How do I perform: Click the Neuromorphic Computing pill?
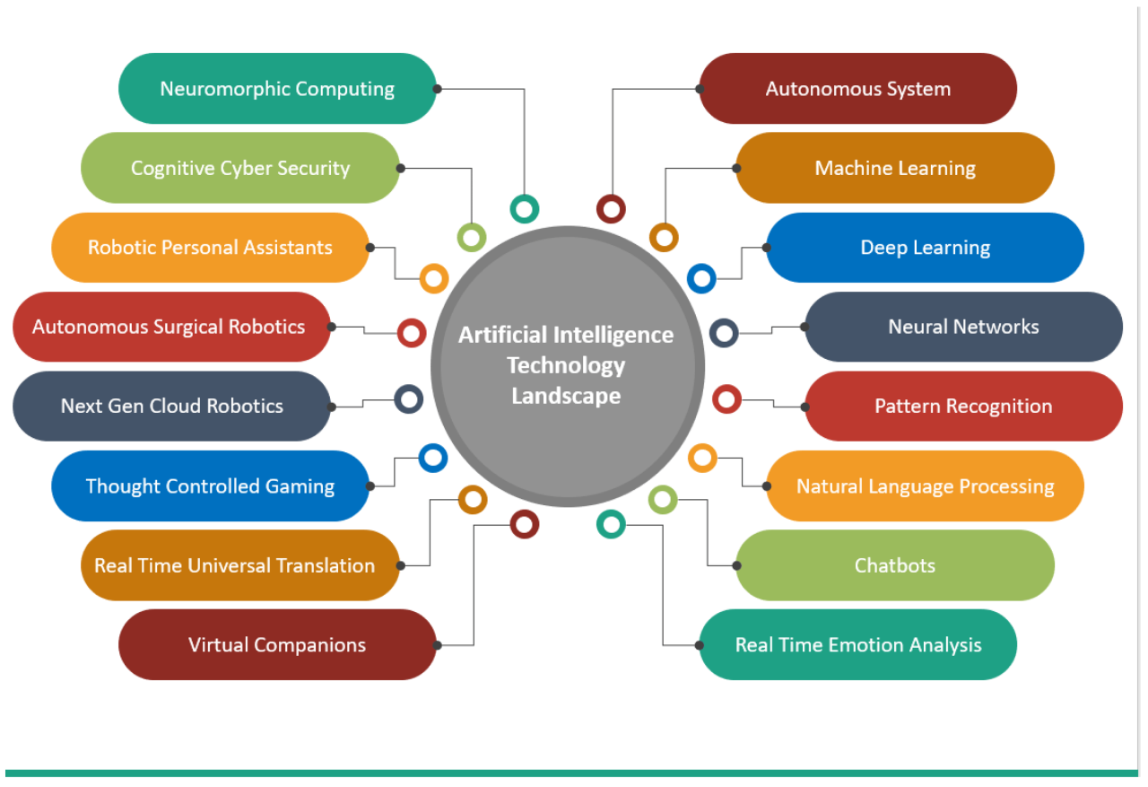coord(277,89)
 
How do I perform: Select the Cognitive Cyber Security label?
coord(240,168)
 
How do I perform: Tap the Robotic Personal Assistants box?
coord(210,248)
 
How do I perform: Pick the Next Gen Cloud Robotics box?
coord(171,407)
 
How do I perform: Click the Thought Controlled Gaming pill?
coord(210,486)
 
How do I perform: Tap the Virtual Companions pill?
coord(277,644)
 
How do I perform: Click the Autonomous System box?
coord(857,89)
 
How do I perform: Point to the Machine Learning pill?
coord(895,168)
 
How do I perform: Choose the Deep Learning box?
coord(925,248)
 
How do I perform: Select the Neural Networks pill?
coord(963,327)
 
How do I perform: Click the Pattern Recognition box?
coord(963,407)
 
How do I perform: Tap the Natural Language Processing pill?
coord(925,486)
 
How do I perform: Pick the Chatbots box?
coord(895,565)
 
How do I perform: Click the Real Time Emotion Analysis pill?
coord(857,644)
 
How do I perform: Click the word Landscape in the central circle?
coord(566,396)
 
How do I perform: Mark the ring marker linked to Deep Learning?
coord(701,278)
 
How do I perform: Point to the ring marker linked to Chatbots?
coord(663,500)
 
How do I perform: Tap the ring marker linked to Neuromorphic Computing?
coord(525,209)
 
